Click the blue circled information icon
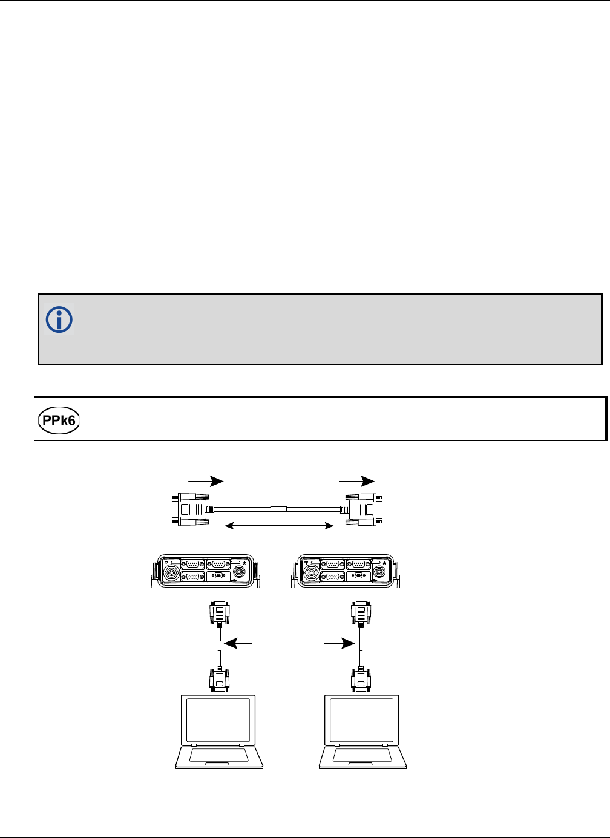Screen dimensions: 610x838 click(x=59, y=319)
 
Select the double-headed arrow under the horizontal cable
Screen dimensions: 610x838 click(x=279, y=526)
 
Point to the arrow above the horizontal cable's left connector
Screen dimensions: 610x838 click(x=206, y=481)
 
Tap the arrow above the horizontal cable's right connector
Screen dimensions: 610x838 click(x=357, y=481)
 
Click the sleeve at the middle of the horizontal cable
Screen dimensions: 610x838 click(x=279, y=509)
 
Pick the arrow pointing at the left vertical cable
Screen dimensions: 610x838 click(x=238, y=644)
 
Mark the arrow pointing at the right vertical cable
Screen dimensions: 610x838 click(x=339, y=644)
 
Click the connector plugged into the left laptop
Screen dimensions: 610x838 click(x=218, y=679)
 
